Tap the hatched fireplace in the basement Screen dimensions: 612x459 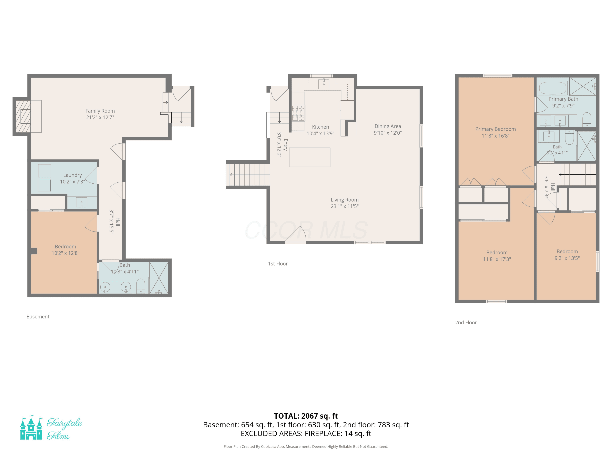23,116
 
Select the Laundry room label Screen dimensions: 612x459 72,175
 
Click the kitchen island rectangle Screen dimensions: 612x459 310,157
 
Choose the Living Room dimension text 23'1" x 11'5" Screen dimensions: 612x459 345,206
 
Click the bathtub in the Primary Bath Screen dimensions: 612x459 552,88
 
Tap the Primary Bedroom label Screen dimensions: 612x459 496,129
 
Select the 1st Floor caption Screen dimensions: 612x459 278,264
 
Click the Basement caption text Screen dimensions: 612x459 38,317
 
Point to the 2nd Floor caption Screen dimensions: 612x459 466,323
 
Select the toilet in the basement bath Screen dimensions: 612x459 141,286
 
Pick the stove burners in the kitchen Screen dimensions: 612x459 298,113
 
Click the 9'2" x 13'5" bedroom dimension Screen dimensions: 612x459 567,258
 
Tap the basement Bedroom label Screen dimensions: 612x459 65,246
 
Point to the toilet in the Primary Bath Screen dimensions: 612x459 587,120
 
